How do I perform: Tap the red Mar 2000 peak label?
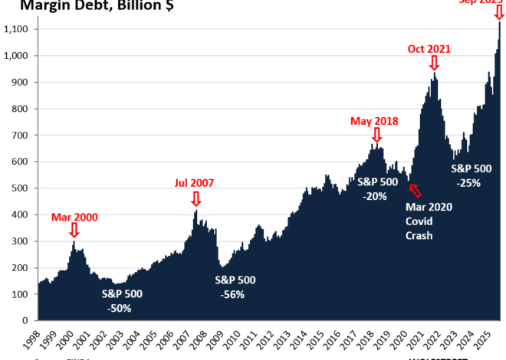click(74, 217)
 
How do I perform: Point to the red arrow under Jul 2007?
click(195, 199)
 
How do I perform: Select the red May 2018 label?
click(375, 121)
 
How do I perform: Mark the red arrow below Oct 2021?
click(435, 64)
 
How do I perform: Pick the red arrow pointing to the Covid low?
click(414, 190)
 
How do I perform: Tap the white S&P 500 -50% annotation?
click(122, 301)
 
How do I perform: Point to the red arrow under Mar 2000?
click(74, 230)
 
